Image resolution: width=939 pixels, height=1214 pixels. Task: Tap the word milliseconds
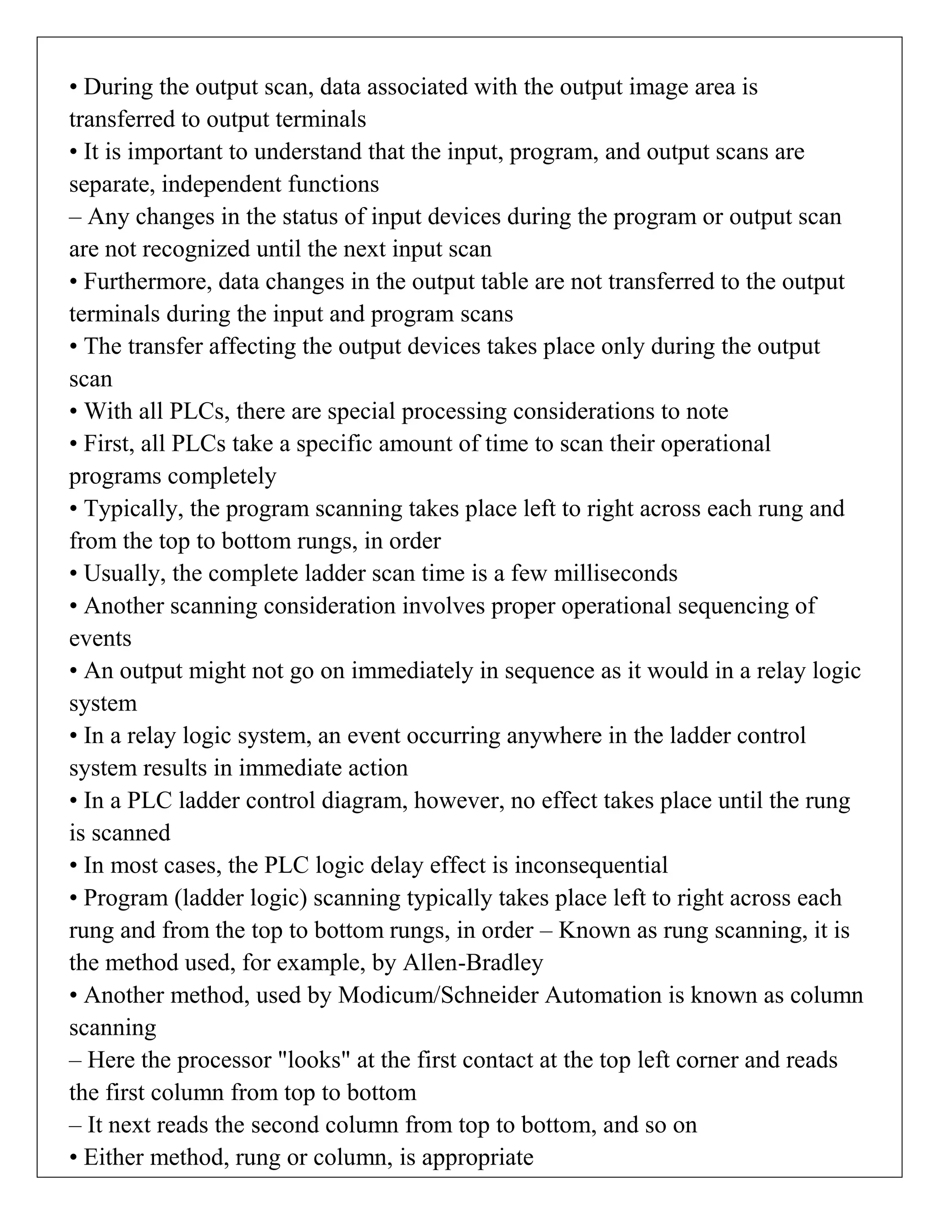[615, 573]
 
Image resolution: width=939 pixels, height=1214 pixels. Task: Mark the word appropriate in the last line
[477, 1157]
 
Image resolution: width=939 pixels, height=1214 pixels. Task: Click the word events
[100, 638]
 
